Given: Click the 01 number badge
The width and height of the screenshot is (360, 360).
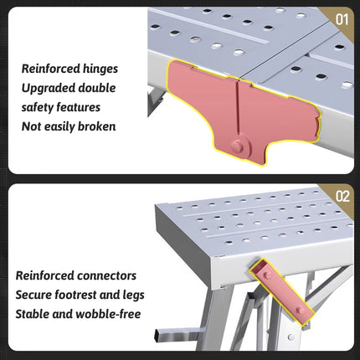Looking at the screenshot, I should (342, 18).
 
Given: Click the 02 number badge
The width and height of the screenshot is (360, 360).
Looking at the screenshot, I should (342, 198).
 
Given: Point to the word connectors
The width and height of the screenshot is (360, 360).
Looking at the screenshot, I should (110, 275).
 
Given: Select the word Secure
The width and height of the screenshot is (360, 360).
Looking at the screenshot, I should (36, 294).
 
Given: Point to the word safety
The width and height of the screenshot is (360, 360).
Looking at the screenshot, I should (39, 106).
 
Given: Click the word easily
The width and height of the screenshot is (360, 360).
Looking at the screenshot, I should (55, 126).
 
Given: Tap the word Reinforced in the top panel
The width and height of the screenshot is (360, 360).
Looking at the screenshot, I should (49, 68).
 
